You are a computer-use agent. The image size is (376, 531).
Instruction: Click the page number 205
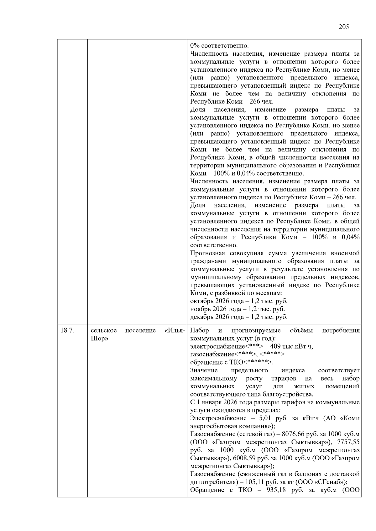(344, 27)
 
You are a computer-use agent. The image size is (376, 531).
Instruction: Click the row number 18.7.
(67, 330)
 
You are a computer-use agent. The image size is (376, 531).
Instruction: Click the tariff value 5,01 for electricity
(265, 418)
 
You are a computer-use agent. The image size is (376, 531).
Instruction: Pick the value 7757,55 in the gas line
(348, 442)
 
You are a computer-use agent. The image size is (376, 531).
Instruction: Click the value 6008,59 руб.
(248, 458)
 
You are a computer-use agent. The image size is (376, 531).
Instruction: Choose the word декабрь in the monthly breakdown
(201, 317)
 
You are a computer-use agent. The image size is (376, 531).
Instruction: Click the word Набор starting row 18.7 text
(200, 330)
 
